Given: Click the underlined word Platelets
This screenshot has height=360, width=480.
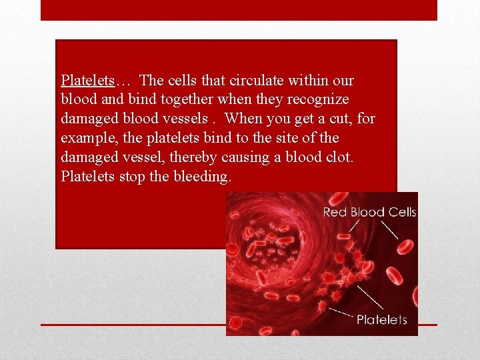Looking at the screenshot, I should pyautogui.click(x=87, y=81).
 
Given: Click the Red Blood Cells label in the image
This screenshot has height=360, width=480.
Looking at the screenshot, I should pyautogui.click(x=369, y=212).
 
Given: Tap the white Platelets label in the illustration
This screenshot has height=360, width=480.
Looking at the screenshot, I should pyautogui.click(x=381, y=319).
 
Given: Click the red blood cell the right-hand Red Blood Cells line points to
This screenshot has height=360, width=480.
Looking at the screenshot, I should pyautogui.click(x=405, y=246).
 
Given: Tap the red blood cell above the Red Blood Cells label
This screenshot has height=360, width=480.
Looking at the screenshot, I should pyautogui.click(x=340, y=198).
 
